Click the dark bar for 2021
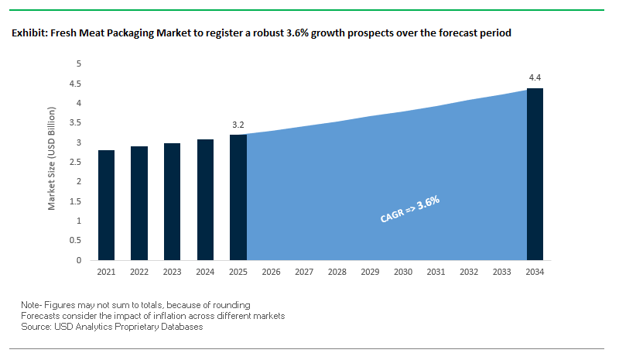click(x=106, y=205)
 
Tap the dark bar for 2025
click(x=238, y=197)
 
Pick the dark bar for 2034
click(x=535, y=174)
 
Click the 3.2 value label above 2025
click(x=238, y=124)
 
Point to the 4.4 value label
click(x=535, y=77)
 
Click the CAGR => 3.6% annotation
click(x=410, y=209)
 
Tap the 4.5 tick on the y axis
click(x=77, y=84)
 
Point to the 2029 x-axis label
click(x=370, y=273)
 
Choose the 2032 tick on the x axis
click(x=469, y=273)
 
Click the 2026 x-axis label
click(x=271, y=273)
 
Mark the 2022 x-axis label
click(x=139, y=273)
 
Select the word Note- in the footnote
click(x=33, y=305)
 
